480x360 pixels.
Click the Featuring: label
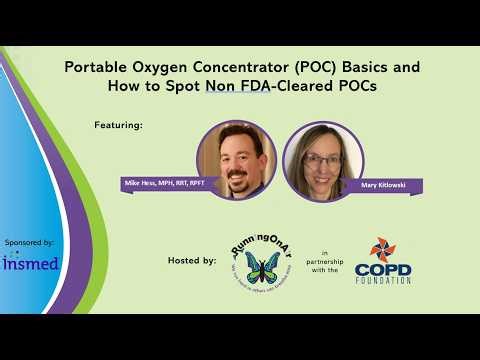(x=119, y=126)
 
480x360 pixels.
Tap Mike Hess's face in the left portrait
(x=239, y=160)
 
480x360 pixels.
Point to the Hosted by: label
(x=192, y=260)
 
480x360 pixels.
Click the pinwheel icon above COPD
(x=383, y=250)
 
